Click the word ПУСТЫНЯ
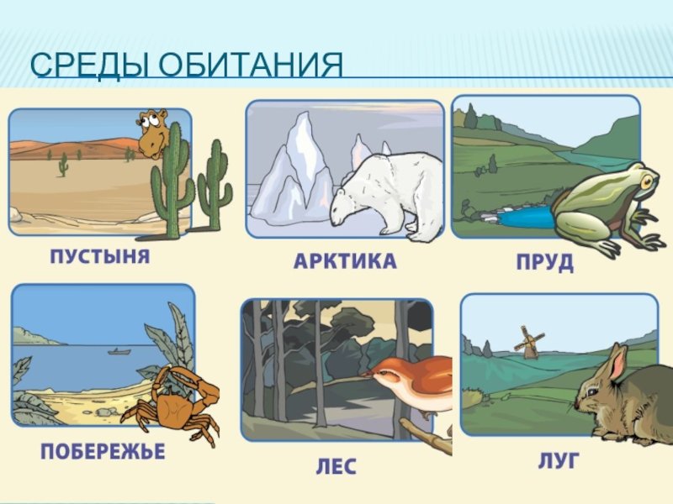click(x=100, y=256)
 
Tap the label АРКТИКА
click(x=345, y=260)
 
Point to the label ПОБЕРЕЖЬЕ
click(x=103, y=451)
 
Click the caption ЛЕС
click(x=336, y=466)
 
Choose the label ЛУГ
click(x=559, y=460)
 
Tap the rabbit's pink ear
click(x=618, y=362)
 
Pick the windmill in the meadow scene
click(x=529, y=342)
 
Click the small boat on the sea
click(x=119, y=352)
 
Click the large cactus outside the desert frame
click(x=215, y=184)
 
